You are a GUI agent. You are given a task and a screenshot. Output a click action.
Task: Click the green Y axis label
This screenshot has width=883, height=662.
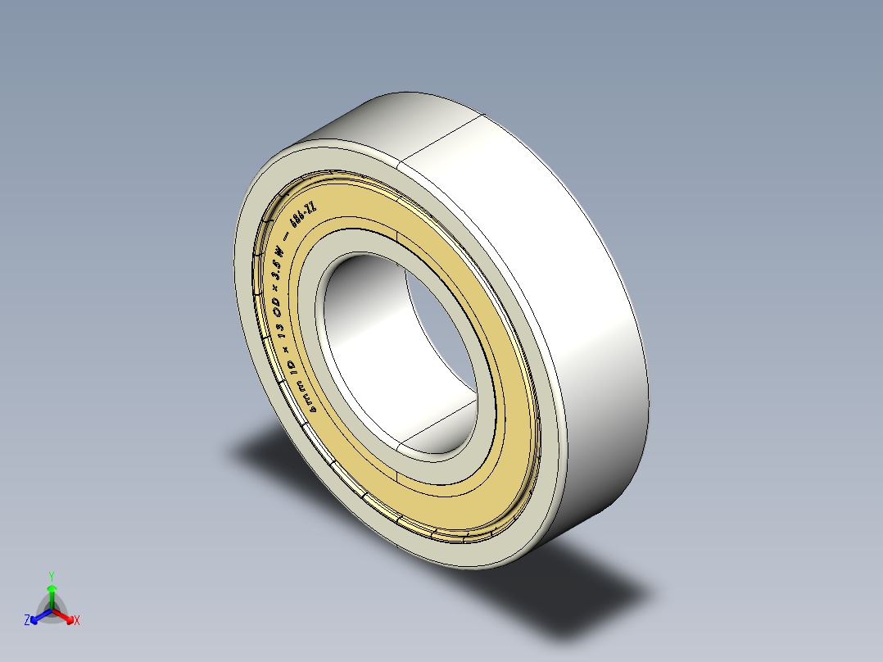coord(51,576)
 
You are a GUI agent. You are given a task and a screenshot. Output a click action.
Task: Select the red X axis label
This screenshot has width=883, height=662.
coord(77,621)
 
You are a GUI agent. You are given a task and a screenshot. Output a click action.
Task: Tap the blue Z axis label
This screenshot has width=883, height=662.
coord(27,621)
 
